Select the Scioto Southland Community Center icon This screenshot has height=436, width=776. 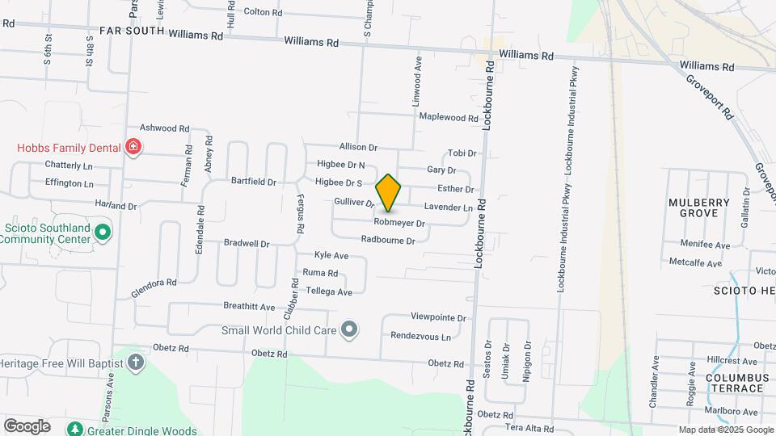[102, 233]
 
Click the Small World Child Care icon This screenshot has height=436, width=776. [349, 329]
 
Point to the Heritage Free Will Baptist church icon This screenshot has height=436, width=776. [136, 363]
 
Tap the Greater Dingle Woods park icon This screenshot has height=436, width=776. [75, 429]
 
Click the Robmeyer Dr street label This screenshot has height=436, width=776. [399, 222]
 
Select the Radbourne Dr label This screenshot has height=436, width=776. [388, 240]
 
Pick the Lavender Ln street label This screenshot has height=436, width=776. [448, 207]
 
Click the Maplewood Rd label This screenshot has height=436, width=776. [449, 118]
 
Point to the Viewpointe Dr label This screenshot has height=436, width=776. [438, 318]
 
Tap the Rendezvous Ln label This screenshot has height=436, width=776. [420, 336]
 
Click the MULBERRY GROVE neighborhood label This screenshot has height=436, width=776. [699, 208]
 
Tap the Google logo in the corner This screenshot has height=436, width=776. [27, 426]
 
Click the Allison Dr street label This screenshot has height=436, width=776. [358, 147]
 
